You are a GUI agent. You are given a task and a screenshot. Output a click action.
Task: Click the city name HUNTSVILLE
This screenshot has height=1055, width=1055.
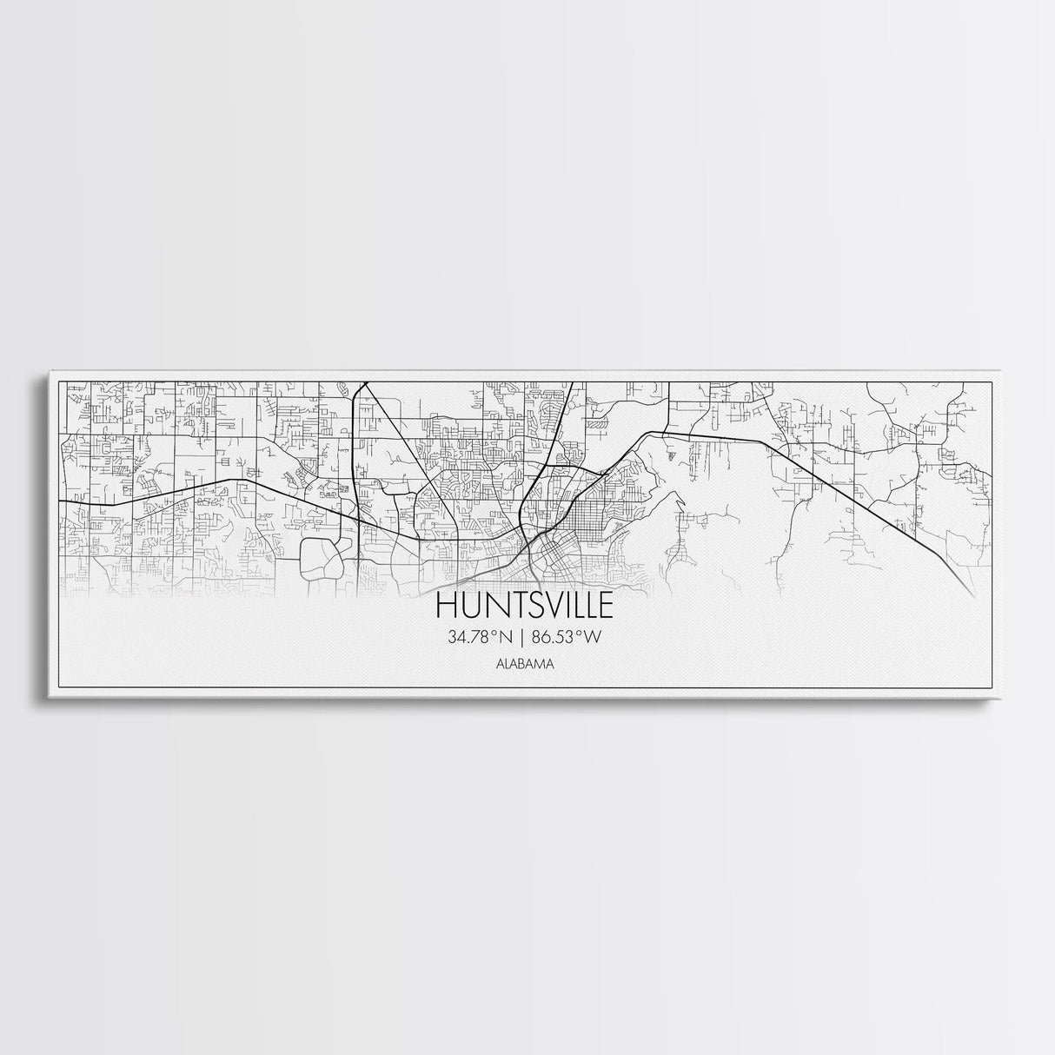tap(524, 606)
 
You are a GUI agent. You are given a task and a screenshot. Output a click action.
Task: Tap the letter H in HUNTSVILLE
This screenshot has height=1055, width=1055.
tap(445, 606)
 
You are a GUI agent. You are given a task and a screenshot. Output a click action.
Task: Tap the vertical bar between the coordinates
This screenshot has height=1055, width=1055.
tap(524, 638)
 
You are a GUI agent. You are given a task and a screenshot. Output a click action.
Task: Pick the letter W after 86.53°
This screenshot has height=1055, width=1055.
tap(593, 638)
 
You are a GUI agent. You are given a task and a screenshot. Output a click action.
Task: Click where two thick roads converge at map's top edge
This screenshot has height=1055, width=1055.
tap(362, 383)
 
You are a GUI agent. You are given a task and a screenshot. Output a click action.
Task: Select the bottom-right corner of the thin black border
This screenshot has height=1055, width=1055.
tap(991, 687)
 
